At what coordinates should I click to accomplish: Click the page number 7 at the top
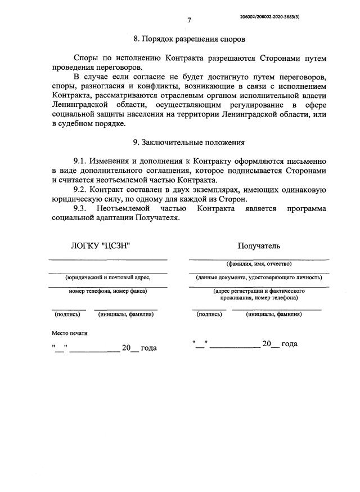190,21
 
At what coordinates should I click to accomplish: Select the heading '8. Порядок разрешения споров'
189,39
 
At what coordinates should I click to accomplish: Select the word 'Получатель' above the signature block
259,245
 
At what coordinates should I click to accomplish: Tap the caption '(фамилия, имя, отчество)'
259,263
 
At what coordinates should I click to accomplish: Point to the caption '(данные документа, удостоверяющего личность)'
259,277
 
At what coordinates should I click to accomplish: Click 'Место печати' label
70,333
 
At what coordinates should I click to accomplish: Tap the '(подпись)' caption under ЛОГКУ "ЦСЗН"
67,314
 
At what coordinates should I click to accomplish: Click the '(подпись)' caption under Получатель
209,314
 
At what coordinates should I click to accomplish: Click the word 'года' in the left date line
148,348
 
